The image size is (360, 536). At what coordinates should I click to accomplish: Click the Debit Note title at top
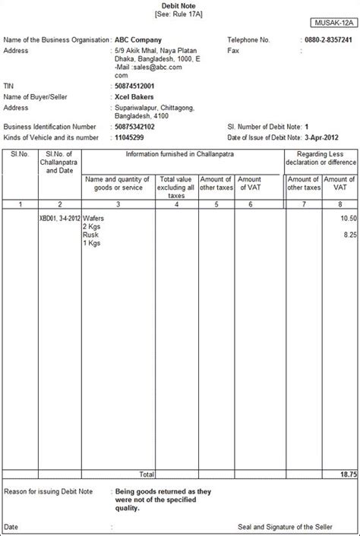click(x=180, y=5)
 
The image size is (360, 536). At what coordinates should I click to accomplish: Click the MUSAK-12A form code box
click(x=332, y=24)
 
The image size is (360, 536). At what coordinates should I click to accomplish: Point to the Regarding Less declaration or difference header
click(x=320, y=158)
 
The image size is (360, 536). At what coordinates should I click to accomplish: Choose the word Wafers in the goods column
click(x=94, y=218)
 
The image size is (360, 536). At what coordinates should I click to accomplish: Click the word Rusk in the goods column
click(x=91, y=235)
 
